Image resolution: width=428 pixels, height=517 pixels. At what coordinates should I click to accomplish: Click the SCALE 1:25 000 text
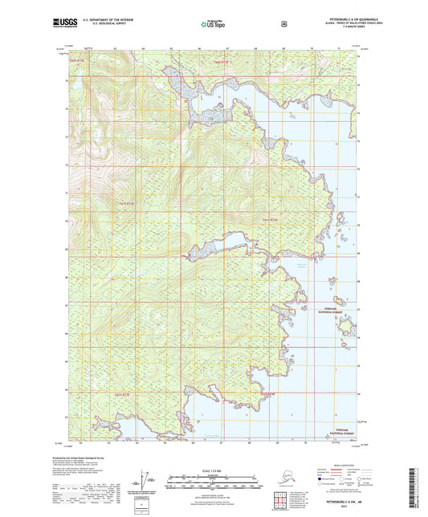pos(213,470)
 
